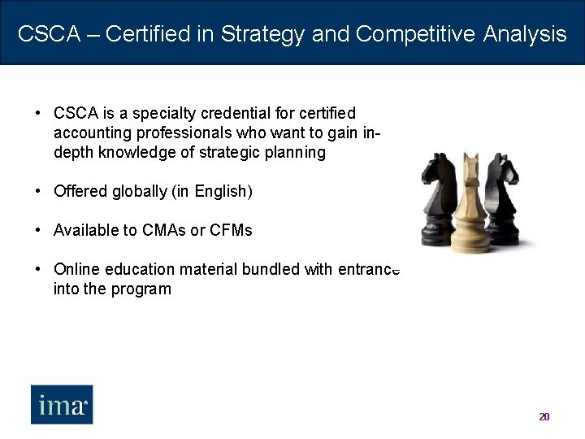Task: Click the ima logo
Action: pos(62,404)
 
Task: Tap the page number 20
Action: pos(544,417)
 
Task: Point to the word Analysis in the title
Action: pos(525,34)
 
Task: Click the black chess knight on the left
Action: pos(439,199)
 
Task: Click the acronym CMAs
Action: pos(166,231)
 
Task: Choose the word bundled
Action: pos(271,269)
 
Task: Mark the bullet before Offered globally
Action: pos(39,192)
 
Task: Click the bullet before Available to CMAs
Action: pos(39,231)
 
